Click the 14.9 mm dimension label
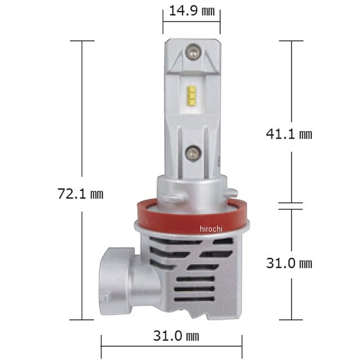tap(191, 12)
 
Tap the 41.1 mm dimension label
tap(289, 134)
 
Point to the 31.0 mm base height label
tap(289, 263)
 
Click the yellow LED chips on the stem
tap(191, 96)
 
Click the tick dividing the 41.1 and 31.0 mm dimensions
tap(292, 206)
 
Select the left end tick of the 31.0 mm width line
tap(101, 346)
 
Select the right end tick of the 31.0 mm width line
tap(242, 346)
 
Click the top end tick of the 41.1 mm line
tap(292, 41)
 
